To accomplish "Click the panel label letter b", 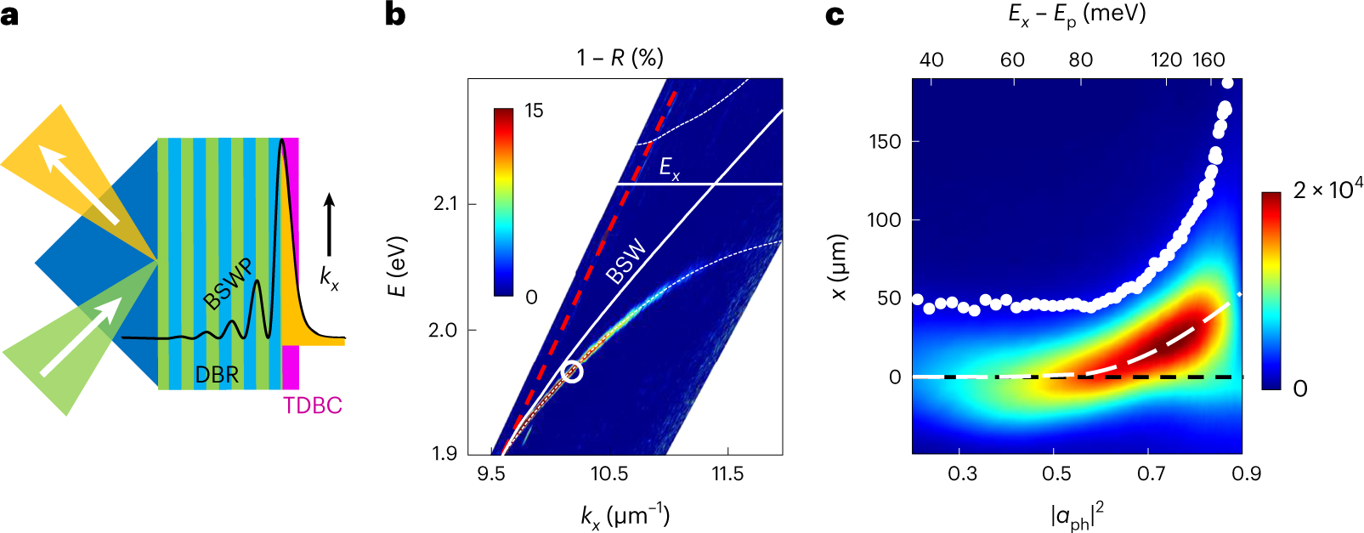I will [395, 14].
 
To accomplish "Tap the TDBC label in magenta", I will [313, 405].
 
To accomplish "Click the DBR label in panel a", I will [217, 374].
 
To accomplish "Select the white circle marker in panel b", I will [573, 371].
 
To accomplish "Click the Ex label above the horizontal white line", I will [670, 168].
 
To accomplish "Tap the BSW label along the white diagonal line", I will [626, 262].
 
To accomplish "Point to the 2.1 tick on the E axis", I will [444, 204].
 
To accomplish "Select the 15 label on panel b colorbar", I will [534, 111].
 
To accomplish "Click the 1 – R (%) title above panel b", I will [620, 58].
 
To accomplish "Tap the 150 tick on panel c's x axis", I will [885, 141].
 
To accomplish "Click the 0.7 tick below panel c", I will [1151, 473].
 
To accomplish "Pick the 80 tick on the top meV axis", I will [1080, 60].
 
